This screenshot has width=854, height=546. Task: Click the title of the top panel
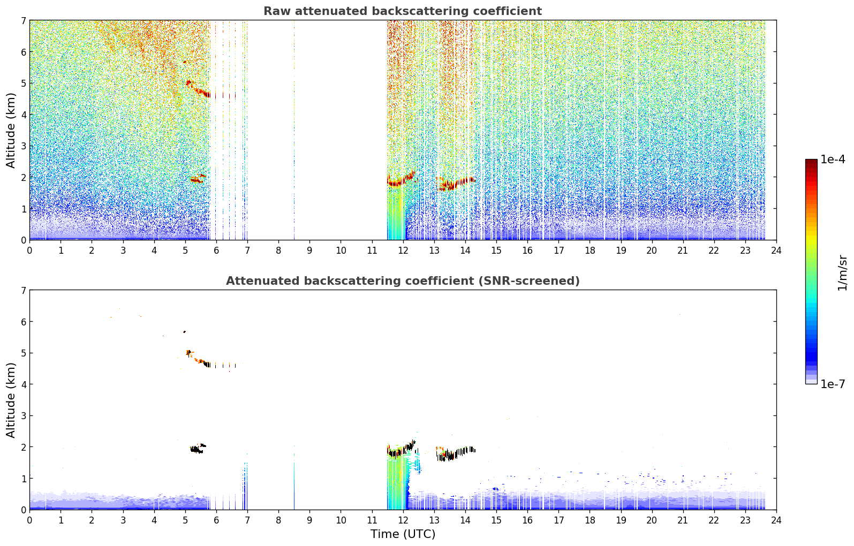click(x=403, y=11)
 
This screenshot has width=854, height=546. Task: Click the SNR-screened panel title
click(x=403, y=280)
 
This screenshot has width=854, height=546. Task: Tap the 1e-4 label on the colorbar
click(x=833, y=159)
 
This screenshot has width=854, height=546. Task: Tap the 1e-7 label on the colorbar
click(x=833, y=384)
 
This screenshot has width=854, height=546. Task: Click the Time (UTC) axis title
click(x=403, y=534)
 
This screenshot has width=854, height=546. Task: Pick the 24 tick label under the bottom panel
click(x=776, y=520)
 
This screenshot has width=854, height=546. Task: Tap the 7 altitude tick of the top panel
click(x=23, y=20)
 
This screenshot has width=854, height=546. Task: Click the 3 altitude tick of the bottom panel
click(x=23, y=415)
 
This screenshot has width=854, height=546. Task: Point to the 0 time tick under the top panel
click(x=30, y=251)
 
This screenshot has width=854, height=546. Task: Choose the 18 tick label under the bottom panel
click(x=590, y=520)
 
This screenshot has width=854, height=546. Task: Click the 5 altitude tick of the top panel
click(x=23, y=83)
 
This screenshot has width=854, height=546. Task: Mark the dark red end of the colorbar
click(x=811, y=161)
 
